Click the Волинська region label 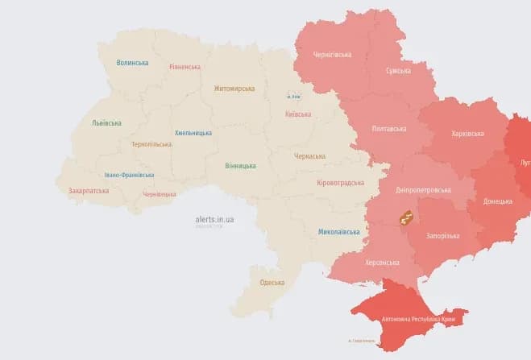132,62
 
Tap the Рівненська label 185,67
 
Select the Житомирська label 234,89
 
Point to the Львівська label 106,123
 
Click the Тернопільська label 151,144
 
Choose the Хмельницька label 193,133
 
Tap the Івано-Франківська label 129,175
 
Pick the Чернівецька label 159,194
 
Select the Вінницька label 242,165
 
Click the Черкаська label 309,155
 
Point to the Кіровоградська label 341,183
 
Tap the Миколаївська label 338,232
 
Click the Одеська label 272,282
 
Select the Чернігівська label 333,55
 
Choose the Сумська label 399,71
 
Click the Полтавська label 389,128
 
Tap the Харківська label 467,133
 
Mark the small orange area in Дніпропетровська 406,217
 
